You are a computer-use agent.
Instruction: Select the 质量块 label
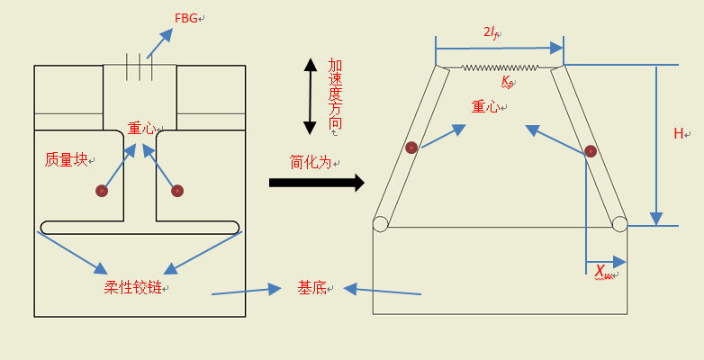point(66,159)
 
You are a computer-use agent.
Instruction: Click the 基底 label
point(311,287)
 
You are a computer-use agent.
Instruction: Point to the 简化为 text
point(311,162)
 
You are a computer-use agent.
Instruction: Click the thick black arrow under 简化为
point(316,183)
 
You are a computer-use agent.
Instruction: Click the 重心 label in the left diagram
point(141,129)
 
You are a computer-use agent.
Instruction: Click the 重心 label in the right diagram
point(484,106)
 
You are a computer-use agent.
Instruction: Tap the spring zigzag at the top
point(500,67)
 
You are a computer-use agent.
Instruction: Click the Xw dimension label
point(603,271)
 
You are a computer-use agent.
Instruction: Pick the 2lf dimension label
point(492,32)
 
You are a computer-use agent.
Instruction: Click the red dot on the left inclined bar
point(411,148)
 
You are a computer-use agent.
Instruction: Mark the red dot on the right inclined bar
point(591,150)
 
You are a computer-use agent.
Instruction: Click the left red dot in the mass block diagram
point(102,191)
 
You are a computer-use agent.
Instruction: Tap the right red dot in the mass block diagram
point(177,191)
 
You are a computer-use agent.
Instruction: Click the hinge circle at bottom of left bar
point(380,223)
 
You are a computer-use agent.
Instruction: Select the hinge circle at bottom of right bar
point(619,223)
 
